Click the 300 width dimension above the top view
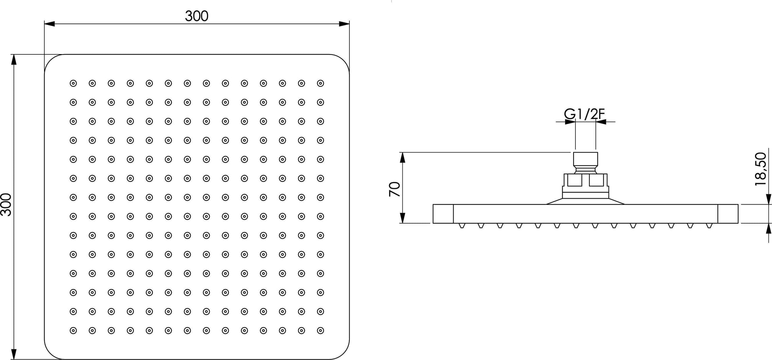pyautogui.click(x=197, y=16)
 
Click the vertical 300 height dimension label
pyautogui.click(x=6, y=205)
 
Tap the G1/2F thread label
pyautogui.click(x=584, y=114)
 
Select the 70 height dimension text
pyautogui.click(x=395, y=189)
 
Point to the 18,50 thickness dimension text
pyautogui.click(x=760, y=169)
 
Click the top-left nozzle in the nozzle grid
pyautogui.click(x=73, y=83)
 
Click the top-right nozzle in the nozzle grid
pyautogui.click(x=320, y=83)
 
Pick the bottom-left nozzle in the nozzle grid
pyautogui.click(x=73, y=330)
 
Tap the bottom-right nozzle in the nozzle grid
pyautogui.click(x=320, y=330)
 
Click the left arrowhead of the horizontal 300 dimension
pyautogui.click(x=50, y=24)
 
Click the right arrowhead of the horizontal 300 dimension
pyautogui.click(x=344, y=24)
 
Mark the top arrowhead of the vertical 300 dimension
pyautogui.click(x=14, y=60)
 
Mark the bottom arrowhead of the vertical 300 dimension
pyautogui.click(x=14, y=354)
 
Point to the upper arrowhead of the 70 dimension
pyautogui.click(x=402, y=158)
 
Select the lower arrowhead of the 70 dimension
pyautogui.click(x=402, y=218)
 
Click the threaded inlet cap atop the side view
pyautogui.click(x=585, y=159)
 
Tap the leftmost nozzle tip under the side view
pyautogui.click(x=462, y=226)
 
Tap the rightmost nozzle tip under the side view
pyautogui.click(x=709, y=226)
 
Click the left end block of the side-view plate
pyautogui.click(x=443, y=214)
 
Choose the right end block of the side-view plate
pyautogui.click(x=728, y=214)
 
